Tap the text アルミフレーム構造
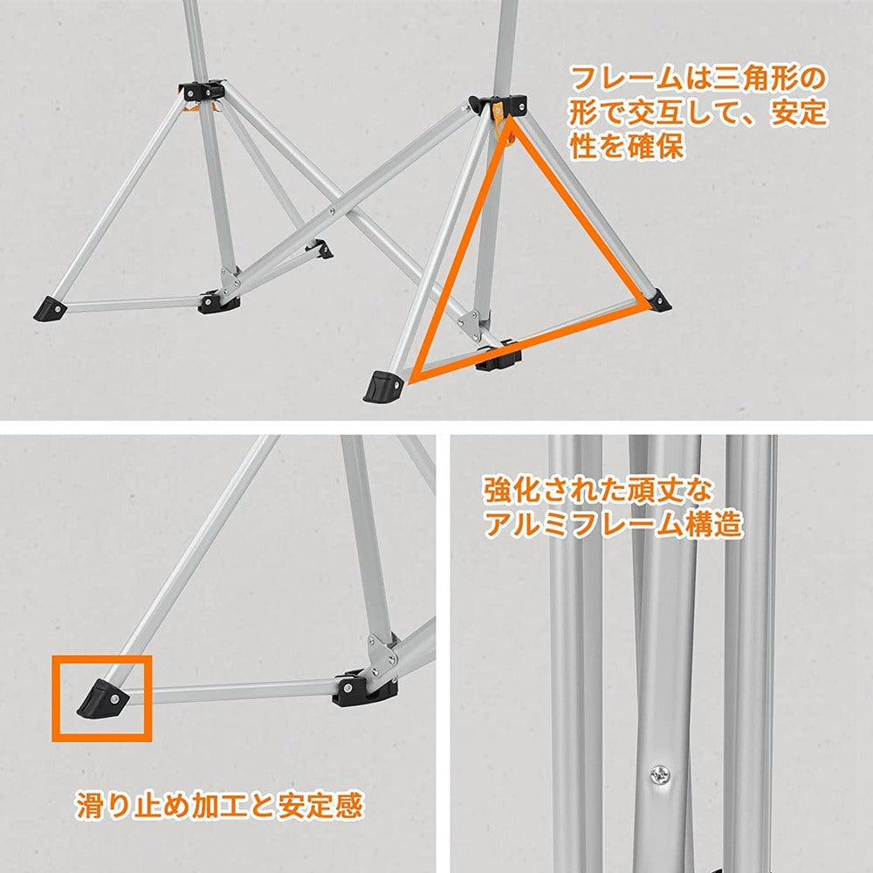613,524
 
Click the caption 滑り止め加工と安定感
218,805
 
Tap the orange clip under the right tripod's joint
499,123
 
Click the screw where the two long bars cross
333,210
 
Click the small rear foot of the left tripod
324,251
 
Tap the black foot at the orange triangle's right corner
659,300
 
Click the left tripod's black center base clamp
218,302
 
